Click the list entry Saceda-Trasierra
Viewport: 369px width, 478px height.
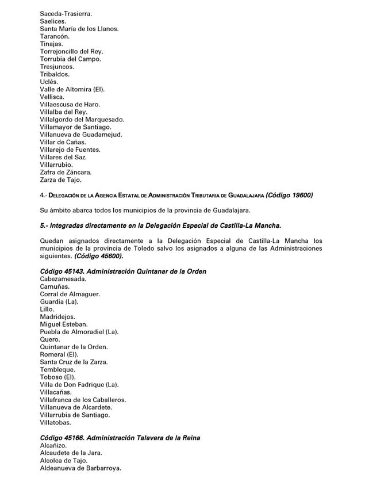pyautogui.click(x=66, y=13)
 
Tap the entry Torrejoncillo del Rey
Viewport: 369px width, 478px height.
pyautogui.click(x=71, y=51)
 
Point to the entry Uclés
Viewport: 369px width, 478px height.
pyautogui.click(x=49, y=82)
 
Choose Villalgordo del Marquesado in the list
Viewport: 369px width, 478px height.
pyautogui.click(x=82, y=119)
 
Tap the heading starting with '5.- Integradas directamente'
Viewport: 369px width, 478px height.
pyautogui.click(x=160, y=225)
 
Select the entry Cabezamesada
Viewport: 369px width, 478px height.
pyautogui.click(x=63, y=279)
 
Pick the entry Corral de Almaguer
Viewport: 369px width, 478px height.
pyautogui.click(x=70, y=294)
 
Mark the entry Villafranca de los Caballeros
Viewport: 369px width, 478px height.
pyautogui.click(x=83, y=400)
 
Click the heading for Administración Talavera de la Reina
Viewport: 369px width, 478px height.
pyautogui.click(x=120, y=438)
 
